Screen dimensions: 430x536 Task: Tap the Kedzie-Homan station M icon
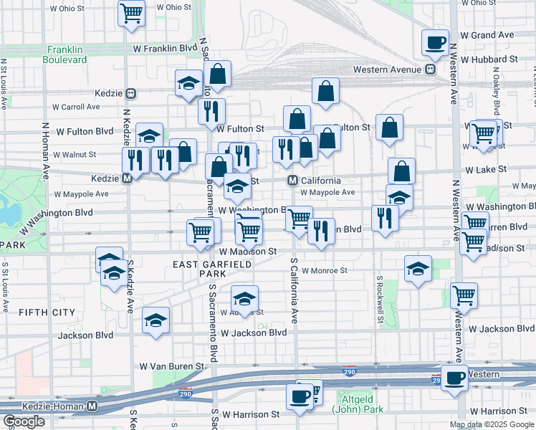point(92,406)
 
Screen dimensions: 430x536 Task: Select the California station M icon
point(293,181)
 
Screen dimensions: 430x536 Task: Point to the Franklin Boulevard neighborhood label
point(67,54)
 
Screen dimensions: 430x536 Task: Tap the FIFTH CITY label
point(47,312)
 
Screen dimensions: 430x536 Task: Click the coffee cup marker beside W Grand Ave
point(435,42)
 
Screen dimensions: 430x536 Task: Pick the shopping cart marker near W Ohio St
point(132,12)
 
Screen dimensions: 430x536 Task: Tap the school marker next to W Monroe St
point(418,269)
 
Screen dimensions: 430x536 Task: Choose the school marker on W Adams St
point(244,300)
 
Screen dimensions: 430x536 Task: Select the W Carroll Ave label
point(75,107)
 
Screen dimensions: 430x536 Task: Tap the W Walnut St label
point(70,154)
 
